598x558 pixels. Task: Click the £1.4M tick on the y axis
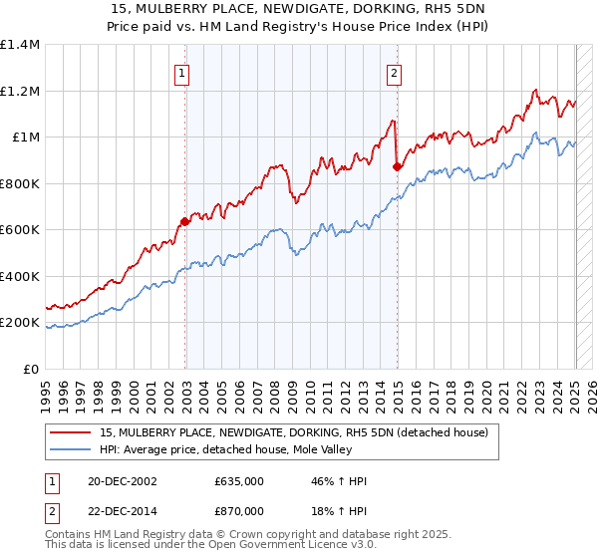19,45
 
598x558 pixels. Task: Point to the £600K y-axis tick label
19,230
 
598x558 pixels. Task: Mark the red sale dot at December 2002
185,221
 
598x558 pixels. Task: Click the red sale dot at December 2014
397,167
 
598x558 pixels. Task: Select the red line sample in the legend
72,432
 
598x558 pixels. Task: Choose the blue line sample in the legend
72,449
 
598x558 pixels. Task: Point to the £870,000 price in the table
239,510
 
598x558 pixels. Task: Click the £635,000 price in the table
239,481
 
